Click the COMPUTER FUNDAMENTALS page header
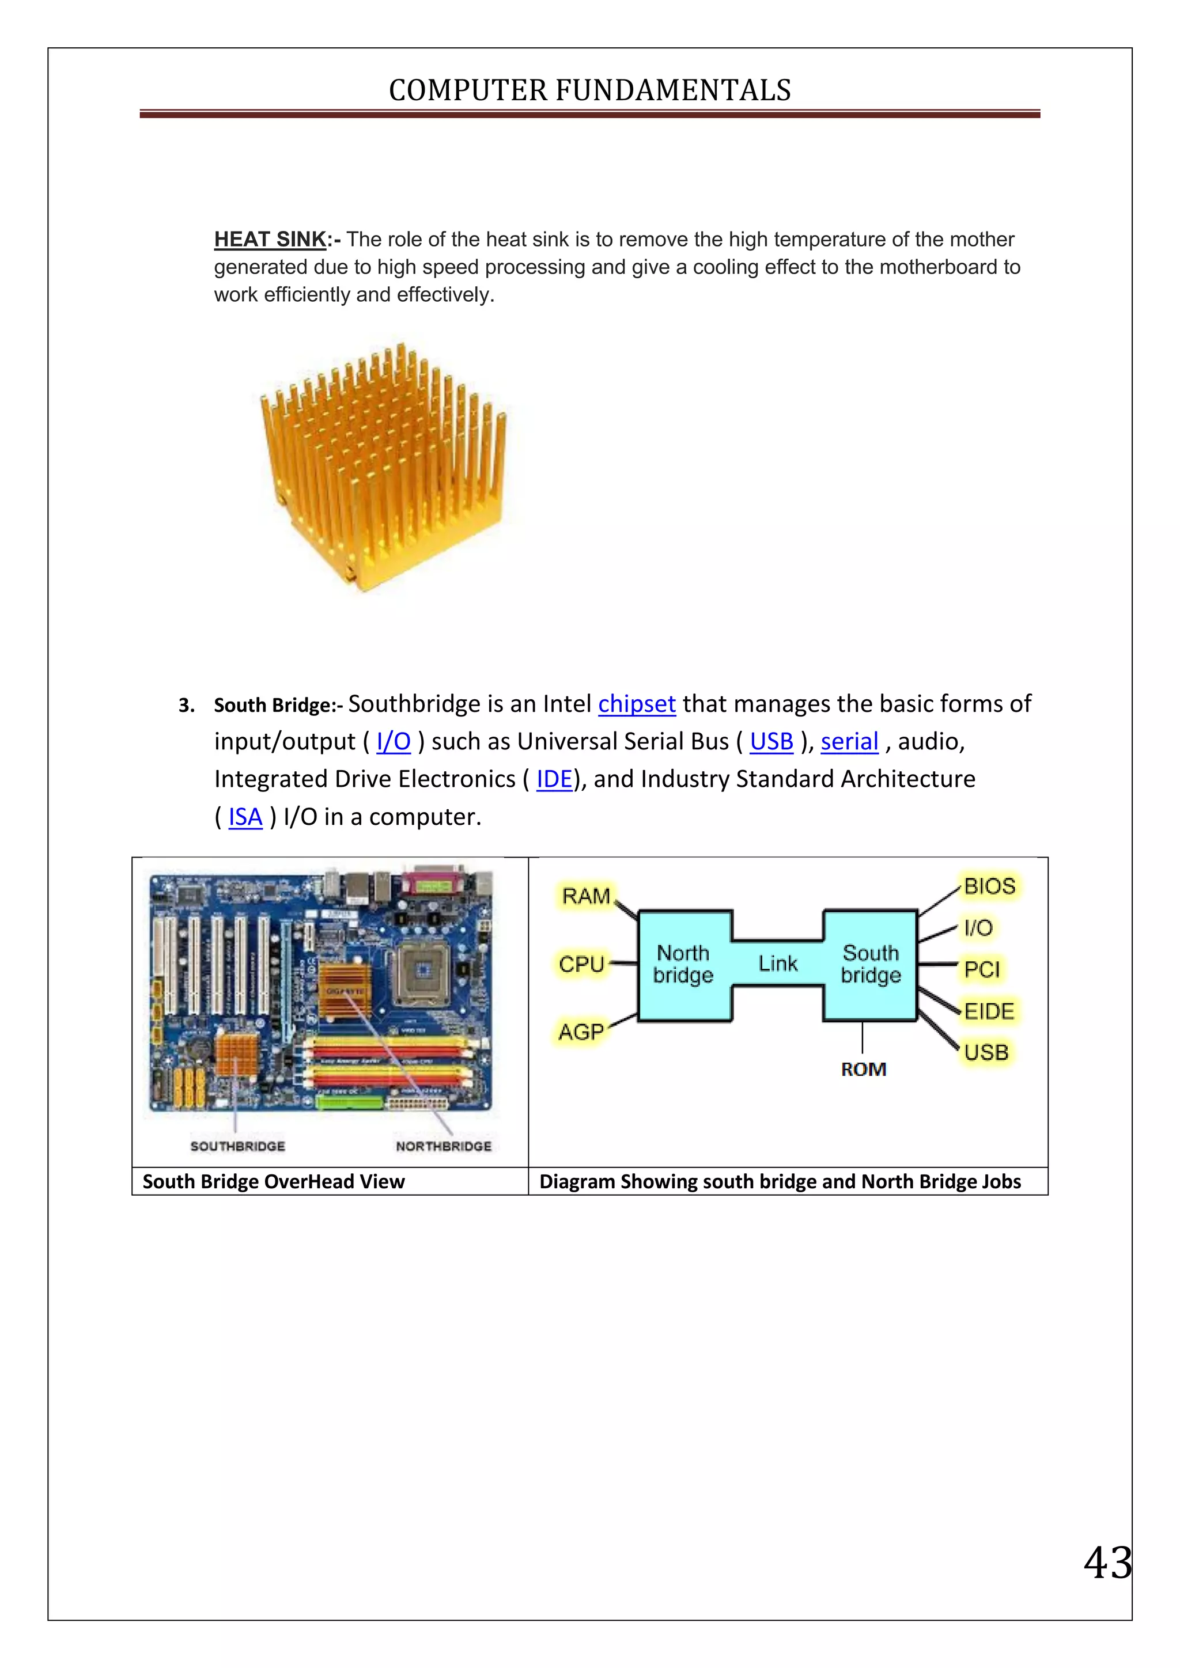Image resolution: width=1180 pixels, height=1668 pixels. pos(589,90)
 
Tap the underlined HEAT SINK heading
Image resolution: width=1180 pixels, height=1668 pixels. pos(270,239)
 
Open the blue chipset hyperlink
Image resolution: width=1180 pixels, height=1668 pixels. pos(637,703)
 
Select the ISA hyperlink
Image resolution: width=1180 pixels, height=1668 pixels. pos(245,817)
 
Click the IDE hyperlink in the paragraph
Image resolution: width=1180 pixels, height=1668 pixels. pos(554,779)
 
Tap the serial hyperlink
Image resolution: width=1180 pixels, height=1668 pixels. pos(849,741)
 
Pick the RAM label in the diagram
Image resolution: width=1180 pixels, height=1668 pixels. pos(585,896)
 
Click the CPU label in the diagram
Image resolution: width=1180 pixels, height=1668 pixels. pos(581,964)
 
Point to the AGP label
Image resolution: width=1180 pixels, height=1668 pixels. pos(581,1032)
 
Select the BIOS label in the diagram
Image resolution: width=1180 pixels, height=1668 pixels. pos(989,886)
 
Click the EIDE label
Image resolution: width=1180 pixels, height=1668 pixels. pos(988,1011)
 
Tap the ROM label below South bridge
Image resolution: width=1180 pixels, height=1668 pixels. pos(863,1070)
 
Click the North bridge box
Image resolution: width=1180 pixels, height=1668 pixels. pos(683,964)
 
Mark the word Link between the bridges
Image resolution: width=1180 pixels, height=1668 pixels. pos(777,964)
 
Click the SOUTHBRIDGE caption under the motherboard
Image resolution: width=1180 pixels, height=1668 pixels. pos(237,1146)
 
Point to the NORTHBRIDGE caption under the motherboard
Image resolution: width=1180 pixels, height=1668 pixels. pos(443,1146)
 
